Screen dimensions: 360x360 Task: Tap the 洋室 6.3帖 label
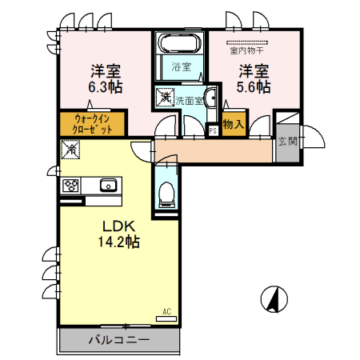point(99,77)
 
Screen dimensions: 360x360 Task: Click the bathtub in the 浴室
point(179,44)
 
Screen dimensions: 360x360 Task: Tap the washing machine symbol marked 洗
point(165,96)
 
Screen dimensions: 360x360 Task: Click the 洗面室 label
point(190,101)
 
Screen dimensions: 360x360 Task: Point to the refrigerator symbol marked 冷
point(70,150)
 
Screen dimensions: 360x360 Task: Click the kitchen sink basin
point(107,186)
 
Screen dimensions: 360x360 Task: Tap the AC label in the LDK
point(166,311)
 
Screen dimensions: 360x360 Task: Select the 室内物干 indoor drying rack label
point(247,50)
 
